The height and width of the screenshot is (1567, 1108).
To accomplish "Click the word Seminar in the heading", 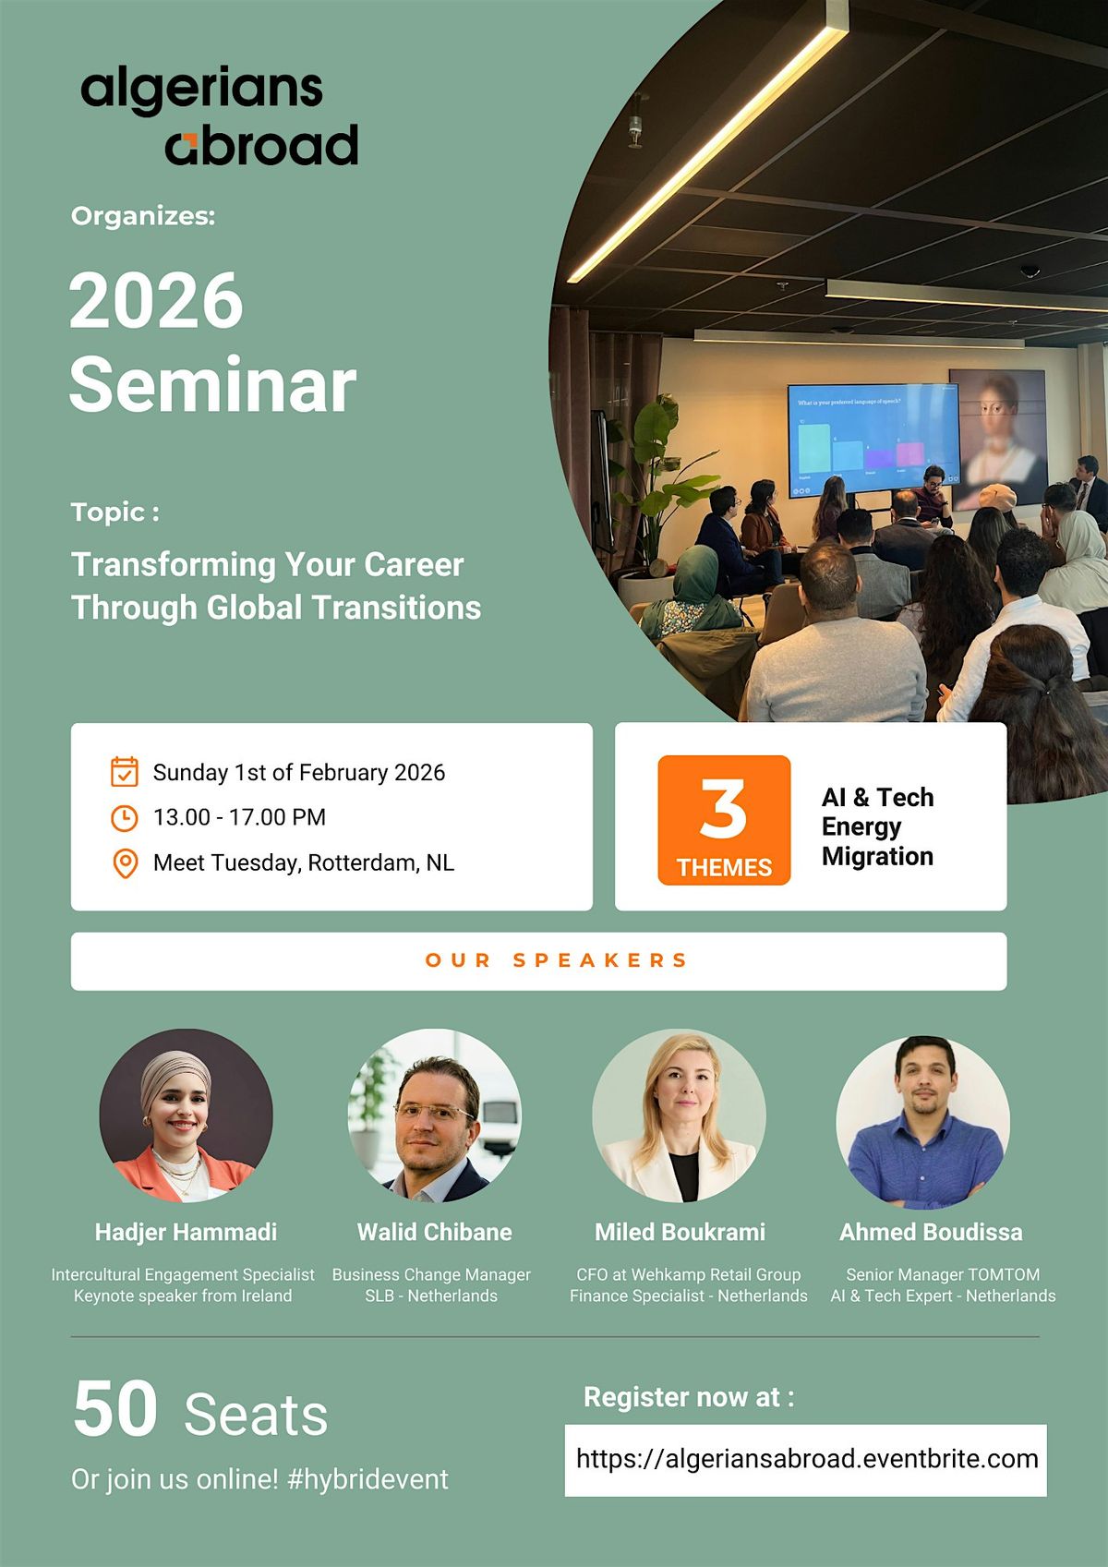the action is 212,385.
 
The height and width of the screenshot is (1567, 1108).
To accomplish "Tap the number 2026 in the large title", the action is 156,300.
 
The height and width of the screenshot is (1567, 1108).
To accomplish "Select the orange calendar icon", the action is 125,772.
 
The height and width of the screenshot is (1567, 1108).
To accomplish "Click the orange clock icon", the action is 125,818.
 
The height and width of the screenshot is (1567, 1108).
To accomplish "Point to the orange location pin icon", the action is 126,863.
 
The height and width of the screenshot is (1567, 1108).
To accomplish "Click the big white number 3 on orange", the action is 723,809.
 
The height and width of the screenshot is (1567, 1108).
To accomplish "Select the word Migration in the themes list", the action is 877,856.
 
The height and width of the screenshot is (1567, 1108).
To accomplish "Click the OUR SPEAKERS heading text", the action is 556,959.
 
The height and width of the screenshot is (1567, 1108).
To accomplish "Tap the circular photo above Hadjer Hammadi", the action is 187,1115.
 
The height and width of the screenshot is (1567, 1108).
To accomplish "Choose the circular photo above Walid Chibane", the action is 434,1115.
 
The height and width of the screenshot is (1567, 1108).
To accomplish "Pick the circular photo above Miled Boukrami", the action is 680,1115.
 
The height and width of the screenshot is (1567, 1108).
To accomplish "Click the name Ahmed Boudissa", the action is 931,1232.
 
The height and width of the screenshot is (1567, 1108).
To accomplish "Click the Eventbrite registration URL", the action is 807,1459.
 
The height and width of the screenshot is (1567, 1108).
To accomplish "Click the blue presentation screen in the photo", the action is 874,440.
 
